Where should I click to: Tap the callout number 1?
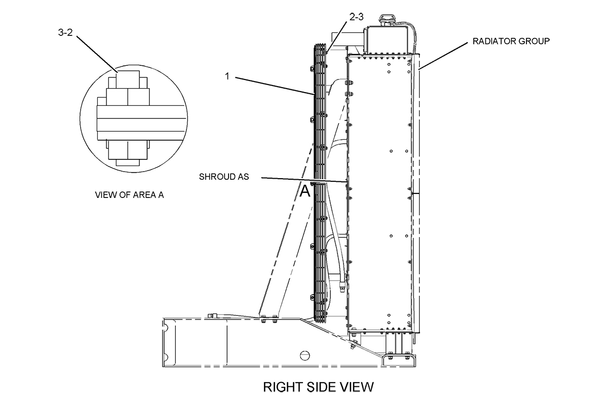[x=228, y=76]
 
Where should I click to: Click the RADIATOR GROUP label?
[x=511, y=41]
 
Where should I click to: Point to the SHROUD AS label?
[x=223, y=177]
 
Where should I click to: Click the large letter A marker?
[x=305, y=191]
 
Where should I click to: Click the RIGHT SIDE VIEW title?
[x=318, y=387]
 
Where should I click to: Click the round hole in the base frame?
[x=304, y=355]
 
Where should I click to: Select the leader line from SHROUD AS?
[x=304, y=179]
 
